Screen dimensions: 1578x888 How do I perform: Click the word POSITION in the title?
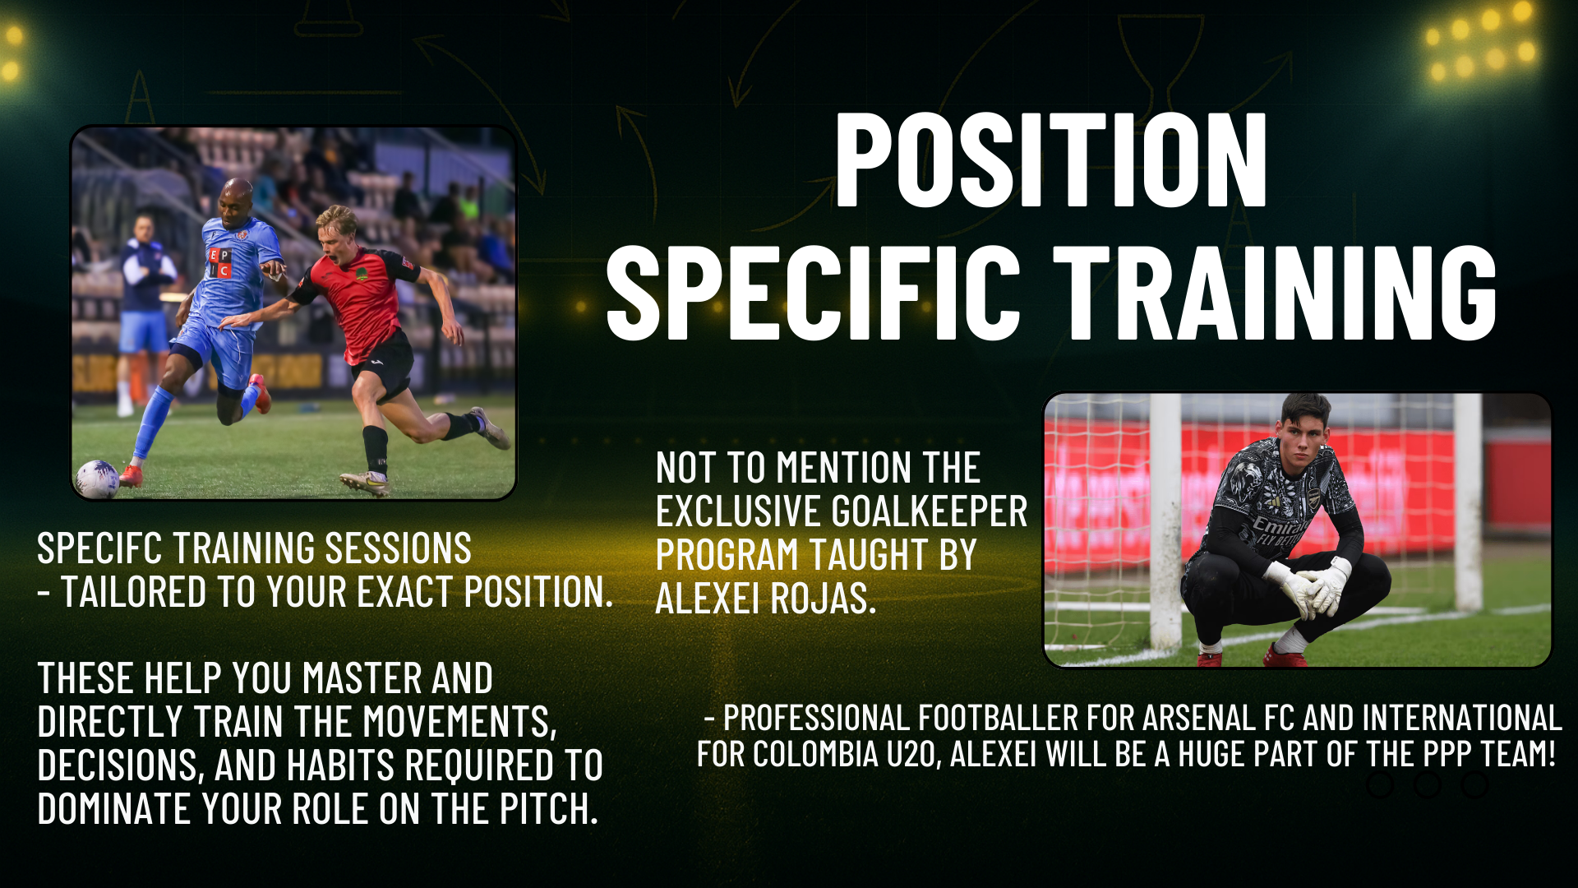(x=1051, y=160)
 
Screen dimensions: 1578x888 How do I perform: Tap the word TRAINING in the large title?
(x=1276, y=292)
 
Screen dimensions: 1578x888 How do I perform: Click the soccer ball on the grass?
(x=97, y=479)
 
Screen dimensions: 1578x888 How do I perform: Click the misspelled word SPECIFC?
(x=98, y=548)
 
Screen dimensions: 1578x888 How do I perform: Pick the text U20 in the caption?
(x=912, y=755)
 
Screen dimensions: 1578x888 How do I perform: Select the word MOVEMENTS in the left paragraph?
(x=459, y=723)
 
